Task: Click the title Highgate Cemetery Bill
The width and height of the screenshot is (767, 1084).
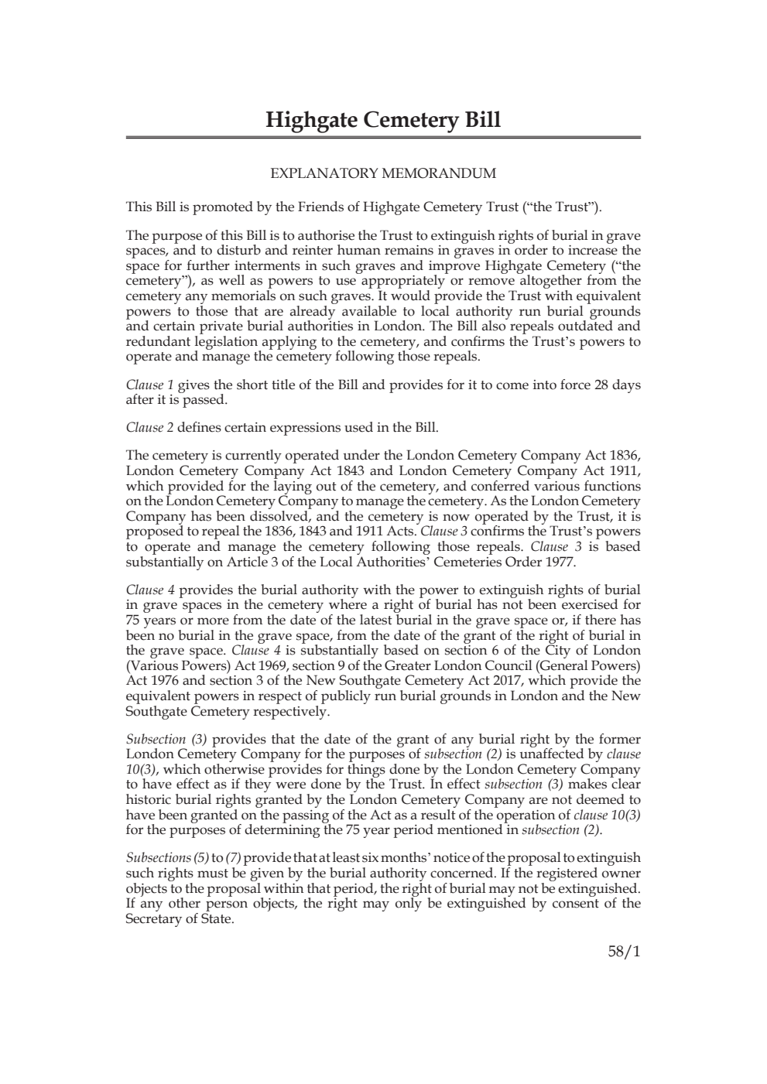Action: [383, 120]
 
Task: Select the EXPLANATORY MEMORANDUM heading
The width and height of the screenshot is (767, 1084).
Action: [383, 173]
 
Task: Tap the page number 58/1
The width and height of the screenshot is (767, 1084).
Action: [624, 952]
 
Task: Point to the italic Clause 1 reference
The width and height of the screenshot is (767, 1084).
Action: [145, 385]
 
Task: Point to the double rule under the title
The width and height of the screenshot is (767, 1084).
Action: [383, 138]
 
